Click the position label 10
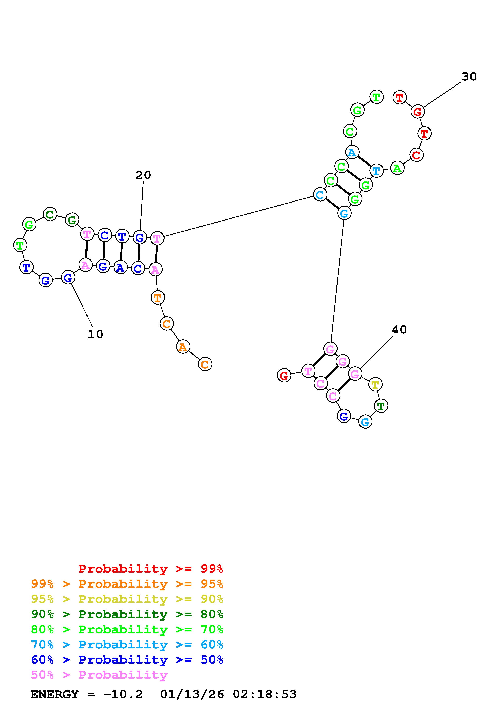click(x=95, y=334)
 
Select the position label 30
click(x=469, y=77)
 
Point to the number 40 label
click(x=399, y=330)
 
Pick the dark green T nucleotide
click(x=381, y=406)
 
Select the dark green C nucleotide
click(x=50, y=214)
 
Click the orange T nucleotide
click(x=157, y=298)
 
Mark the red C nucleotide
click(x=416, y=155)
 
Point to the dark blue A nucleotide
click(x=120, y=267)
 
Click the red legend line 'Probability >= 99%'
click(x=151, y=569)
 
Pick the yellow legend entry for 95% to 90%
click(x=127, y=599)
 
